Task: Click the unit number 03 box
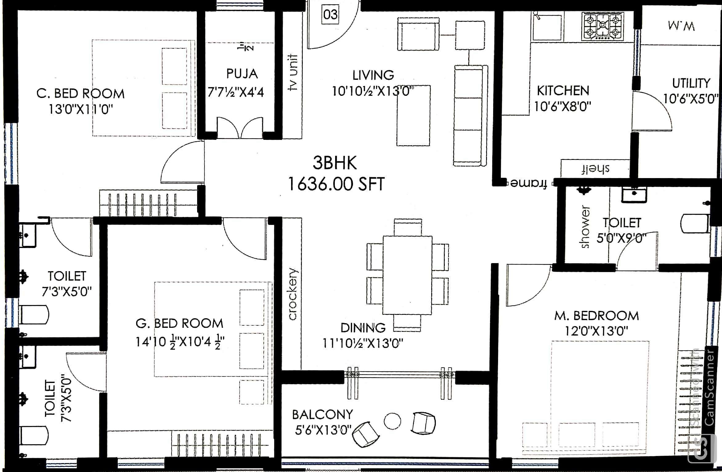(x=331, y=14)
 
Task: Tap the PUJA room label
(x=242, y=74)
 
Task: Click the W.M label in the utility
(x=681, y=26)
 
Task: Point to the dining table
(x=408, y=275)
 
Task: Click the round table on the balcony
(x=392, y=421)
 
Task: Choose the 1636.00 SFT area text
(x=336, y=184)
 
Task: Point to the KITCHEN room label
(x=563, y=91)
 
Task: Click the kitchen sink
(x=547, y=26)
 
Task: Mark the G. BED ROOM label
(x=180, y=323)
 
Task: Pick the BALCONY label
(x=322, y=415)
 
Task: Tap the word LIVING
(x=373, y=75)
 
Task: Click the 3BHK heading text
(x=335, y=163)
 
